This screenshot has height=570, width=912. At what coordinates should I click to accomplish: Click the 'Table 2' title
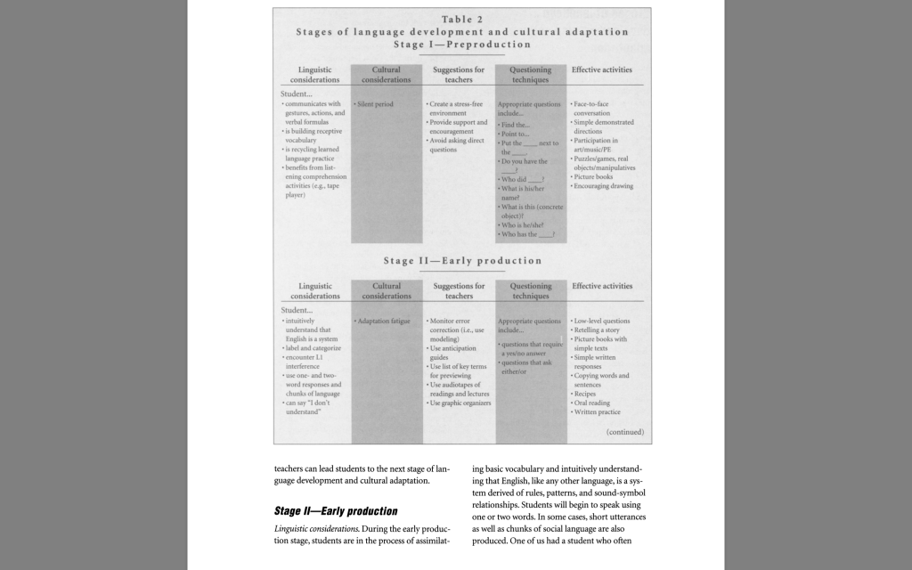point(462,20)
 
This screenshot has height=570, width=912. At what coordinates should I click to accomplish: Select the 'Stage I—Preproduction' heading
point(462,45)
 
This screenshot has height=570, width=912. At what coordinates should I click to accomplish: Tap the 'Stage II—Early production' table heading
point(462,261)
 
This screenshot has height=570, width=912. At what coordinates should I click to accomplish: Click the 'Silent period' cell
point(375,104)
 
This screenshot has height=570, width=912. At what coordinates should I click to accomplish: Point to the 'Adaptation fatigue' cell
point(383,321)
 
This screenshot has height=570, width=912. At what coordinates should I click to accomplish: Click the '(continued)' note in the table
point(624,432)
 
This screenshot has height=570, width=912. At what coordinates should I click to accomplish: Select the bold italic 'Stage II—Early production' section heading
point(336,511)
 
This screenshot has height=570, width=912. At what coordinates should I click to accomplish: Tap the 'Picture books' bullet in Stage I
point(593,176)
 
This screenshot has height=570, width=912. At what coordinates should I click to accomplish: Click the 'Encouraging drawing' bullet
point(603,186)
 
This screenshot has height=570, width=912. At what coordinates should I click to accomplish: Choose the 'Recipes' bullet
point(589,393)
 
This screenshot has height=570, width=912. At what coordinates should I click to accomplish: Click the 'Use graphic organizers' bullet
point(459,402)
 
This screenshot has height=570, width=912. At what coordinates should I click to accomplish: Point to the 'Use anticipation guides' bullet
point(455,353)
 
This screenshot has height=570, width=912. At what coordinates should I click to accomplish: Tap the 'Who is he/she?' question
point(526,225)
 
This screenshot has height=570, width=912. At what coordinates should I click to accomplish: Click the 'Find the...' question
point(517,126)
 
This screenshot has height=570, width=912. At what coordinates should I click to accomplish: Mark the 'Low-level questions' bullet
point(602,321)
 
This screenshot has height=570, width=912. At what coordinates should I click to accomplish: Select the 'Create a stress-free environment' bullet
point(457,109)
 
